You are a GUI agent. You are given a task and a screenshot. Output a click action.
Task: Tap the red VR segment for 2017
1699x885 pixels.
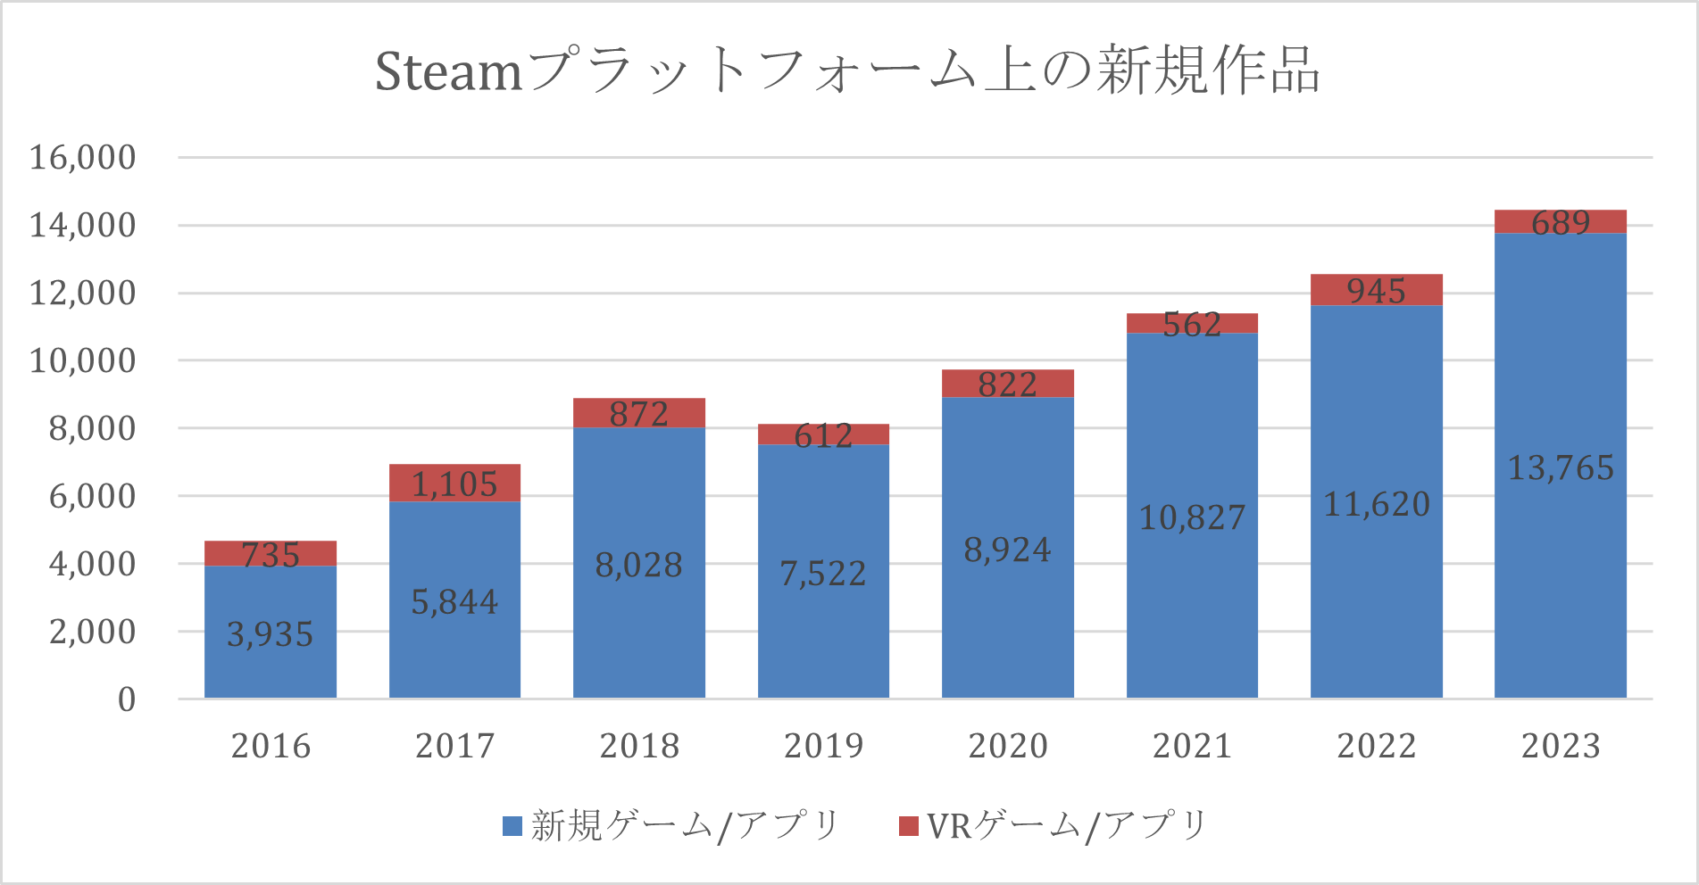point(454,483)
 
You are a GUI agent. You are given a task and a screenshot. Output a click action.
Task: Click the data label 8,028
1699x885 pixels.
point(638,565)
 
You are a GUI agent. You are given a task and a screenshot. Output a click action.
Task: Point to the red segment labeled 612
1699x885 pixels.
point(823,434)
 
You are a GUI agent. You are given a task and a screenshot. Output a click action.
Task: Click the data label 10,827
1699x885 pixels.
point(1192,517)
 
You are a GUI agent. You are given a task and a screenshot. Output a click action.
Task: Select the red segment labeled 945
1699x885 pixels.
point(1376,290)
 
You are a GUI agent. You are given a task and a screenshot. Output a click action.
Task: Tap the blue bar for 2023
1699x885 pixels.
point(1560,580)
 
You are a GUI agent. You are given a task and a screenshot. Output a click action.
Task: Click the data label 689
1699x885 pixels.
point(1560,222)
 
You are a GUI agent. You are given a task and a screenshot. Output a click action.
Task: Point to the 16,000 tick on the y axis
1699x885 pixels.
point(83,157)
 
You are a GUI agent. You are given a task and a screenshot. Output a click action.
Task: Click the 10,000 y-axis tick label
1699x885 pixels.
point(83,360)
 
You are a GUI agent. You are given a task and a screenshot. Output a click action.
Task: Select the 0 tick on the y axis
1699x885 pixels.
point(127,699)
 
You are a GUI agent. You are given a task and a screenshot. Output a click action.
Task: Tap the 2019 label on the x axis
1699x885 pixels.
point(823,746)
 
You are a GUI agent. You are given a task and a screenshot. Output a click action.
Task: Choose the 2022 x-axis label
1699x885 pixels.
point(1376,746)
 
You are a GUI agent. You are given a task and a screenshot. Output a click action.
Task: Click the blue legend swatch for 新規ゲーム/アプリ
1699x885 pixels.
point(512,826)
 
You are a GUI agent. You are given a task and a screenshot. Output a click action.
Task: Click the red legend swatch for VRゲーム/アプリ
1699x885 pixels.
point(908,826)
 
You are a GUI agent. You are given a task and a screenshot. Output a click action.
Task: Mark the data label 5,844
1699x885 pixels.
point(454,602)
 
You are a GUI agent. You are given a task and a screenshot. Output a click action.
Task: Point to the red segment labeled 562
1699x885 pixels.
point(1192,323)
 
